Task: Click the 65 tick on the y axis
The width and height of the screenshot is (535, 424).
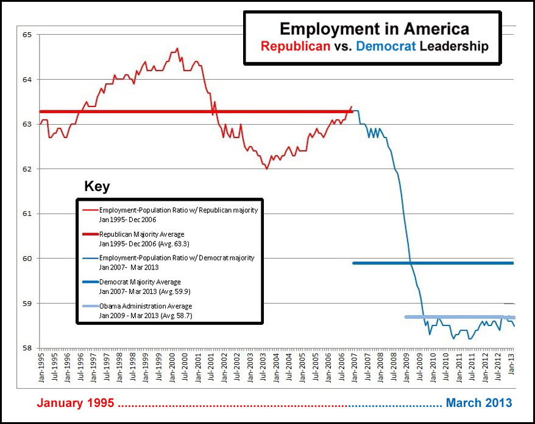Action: click(x=28, y=35)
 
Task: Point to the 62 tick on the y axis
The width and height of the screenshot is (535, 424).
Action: click(x=28, y=169)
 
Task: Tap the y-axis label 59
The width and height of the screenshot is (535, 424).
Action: click(x=28, y=304)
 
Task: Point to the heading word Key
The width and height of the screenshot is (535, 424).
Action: click(x=96, y=186)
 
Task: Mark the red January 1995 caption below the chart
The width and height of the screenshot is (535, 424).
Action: click(x=76, y=403)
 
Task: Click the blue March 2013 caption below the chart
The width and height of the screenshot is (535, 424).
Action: click(x=479, y=403)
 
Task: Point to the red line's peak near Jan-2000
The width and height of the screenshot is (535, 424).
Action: click(x=177, y=48)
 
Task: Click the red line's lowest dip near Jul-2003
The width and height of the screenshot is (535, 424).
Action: click(x=267, y=169)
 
